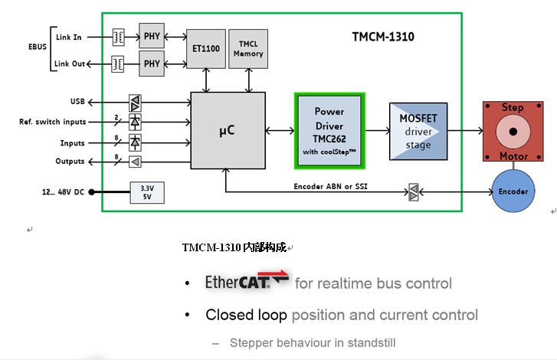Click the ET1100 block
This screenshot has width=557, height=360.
click(x=205, y=47)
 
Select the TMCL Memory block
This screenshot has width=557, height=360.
click(x=248, y=48)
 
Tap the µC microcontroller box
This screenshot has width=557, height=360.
click(x=227, y=130)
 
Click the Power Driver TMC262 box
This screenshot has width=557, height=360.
click(x=329, y=130)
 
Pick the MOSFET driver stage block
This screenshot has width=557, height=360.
click(x=418, y=131)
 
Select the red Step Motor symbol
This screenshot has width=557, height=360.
click(x=513, y=132)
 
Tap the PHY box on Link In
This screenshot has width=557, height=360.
click(x=151, y=35)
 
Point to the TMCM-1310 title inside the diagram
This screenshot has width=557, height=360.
click(x=383, y=36)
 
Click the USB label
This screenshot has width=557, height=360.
click(x=78, y=101)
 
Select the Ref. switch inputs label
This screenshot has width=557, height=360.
click(x=53, y=122)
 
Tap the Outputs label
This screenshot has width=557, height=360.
click(x=70, y=161)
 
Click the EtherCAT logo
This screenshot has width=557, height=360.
click(x=247, y=282)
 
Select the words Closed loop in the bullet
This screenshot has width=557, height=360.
click(x=246, y=315)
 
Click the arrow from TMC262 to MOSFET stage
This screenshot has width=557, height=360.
click(x=376, y=131)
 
